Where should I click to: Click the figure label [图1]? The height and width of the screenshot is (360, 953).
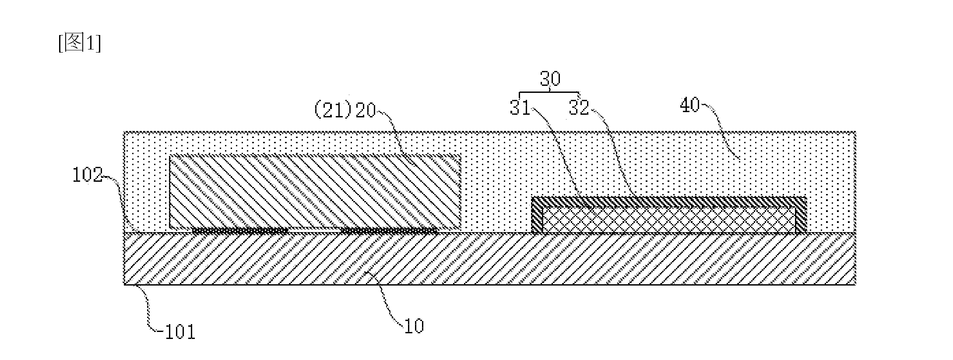click(79, 43)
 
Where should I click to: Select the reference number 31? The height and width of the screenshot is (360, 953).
click(520, 107)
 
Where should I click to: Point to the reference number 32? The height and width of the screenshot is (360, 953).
click(579, 107)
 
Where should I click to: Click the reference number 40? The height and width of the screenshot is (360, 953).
click(690, 105)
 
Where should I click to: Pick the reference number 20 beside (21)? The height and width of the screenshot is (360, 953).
click(366, 110)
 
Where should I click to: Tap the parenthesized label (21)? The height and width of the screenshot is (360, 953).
click(333, 110)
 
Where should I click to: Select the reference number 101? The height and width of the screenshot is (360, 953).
click(179, 332)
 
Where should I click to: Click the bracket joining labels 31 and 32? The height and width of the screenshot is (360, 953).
click(549, 93)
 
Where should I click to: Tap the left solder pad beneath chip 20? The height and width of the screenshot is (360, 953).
click(239, 230)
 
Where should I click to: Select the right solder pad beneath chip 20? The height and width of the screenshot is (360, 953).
click(389, 230)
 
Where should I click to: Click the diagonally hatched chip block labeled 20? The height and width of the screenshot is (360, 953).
click(315, 191)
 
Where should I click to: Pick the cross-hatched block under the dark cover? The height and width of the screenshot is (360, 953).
click(669, 219)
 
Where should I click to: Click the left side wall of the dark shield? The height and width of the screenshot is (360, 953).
click(537, 215)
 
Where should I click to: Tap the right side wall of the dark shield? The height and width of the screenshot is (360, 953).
click(801, 215)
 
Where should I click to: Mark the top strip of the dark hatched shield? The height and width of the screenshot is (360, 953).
click(669, 202)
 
